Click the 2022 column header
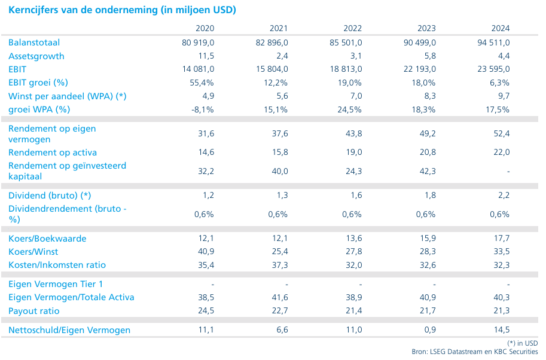352,28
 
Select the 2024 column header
501,28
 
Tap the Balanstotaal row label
34,42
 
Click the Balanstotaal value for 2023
420,42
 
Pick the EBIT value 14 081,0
198,69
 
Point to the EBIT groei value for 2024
499,83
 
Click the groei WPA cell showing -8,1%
202,109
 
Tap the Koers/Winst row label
33,251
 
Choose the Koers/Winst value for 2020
206,251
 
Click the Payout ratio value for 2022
354,310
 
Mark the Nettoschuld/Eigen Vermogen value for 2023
430,330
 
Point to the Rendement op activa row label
53,152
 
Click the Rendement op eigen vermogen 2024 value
501,133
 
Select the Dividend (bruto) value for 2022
356,195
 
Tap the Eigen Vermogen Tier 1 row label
56,284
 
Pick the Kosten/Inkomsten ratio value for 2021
280,264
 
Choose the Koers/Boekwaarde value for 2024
501,238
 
